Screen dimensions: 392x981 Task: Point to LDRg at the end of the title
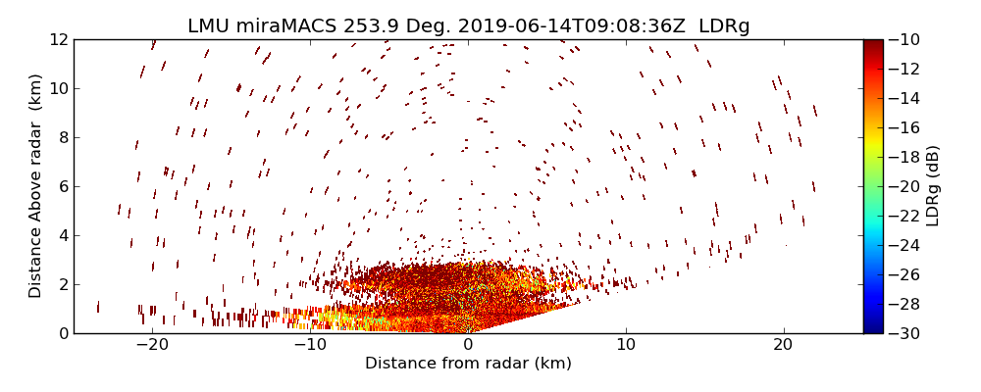[723, 26]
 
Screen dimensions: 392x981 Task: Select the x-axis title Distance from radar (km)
[468, 364]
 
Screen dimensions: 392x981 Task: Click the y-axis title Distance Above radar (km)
[36, 185]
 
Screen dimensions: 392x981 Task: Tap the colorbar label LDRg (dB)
[933, 186]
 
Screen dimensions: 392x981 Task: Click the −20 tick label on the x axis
[152, 345]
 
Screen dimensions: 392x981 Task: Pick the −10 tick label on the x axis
[310, 345]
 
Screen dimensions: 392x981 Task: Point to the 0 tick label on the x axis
[468, 345]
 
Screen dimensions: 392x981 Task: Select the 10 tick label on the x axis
[626, 345]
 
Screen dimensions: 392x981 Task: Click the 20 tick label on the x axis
[783, 345]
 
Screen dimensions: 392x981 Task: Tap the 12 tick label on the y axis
[58, 39]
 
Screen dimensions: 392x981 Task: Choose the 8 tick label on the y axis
[62, 137]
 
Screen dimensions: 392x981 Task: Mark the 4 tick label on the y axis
[62, 235]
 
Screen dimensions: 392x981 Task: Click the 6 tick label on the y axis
[62, 186]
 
